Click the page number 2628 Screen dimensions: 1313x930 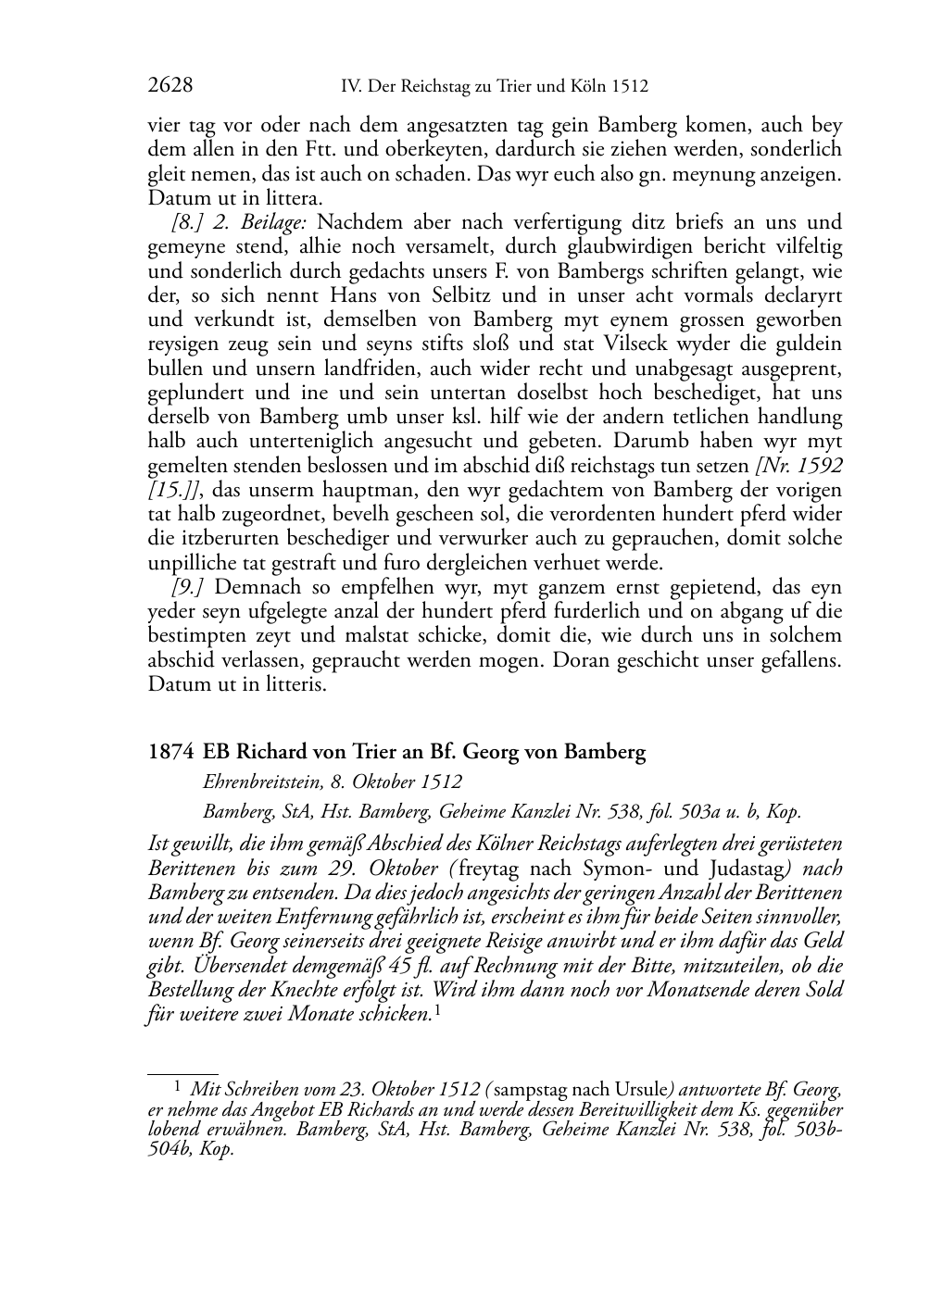pos(170,86)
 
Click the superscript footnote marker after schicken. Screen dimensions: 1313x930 pos(437,1010)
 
